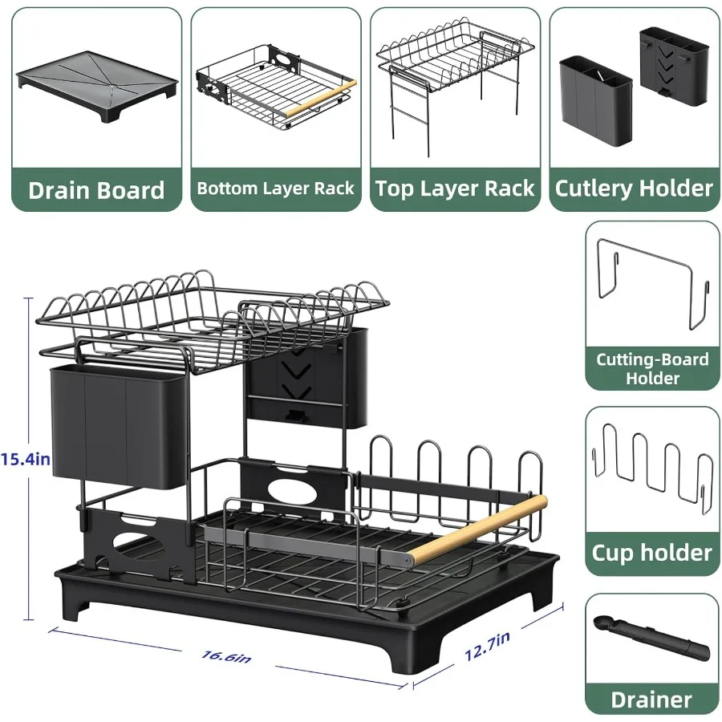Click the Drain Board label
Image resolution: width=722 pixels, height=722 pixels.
tap(96, 190)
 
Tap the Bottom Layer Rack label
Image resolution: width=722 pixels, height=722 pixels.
tap(275, 189)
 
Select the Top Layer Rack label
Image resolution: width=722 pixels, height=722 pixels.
tap(455, 189)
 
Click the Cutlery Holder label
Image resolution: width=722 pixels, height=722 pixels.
tap(634, 189)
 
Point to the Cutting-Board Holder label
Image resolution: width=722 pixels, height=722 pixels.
tap(652, 368)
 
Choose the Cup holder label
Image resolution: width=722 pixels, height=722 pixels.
tap(651, 553)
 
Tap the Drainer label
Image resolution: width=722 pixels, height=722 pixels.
tap(651, 699)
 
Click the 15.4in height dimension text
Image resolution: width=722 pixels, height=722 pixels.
tap(26, 460)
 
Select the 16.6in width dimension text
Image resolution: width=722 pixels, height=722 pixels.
tap(226, 655)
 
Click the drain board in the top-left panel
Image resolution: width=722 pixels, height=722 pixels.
tap(96, 80)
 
